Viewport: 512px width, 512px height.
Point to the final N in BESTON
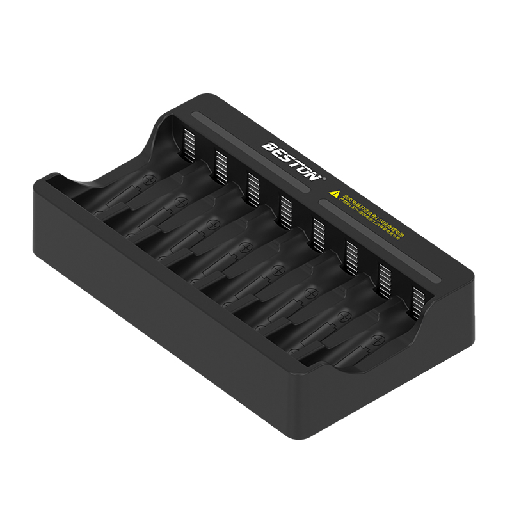click(x=312, y=174)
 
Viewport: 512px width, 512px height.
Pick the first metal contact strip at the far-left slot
click(x=188, y=143)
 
